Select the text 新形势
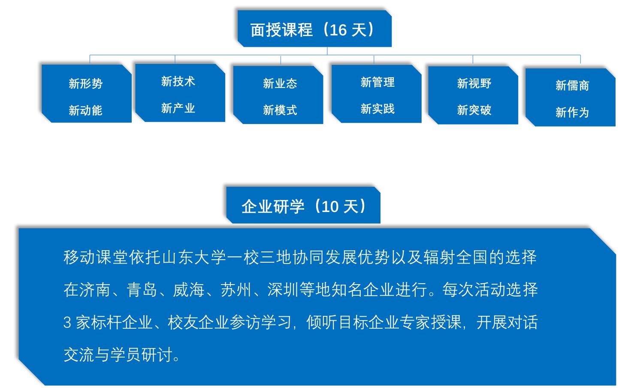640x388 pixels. pyautogui.click(x=85, y=84)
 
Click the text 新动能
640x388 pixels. pyautogui.click(x=85, y=110)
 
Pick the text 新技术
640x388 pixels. pyautogui.click(x=178, y=82)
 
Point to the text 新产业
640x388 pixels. pyautogui.click(x=178, y=108)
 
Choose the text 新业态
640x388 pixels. pyautogui.click(x=280, y=84)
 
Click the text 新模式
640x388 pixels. pyautogui.click(x=280, y=110)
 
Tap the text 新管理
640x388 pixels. pyautogui.click(x=377, y=82)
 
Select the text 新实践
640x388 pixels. pyautogui.click(x=377, y=109)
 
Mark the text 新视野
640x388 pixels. pyautogui.click(x=474, y=84)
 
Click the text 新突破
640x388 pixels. pyautogui.click(x=474, y=110)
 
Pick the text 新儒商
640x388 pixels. pyautogui.click(x=572, y=85)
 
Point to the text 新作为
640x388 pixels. pyautogui.click(x=572, y=112)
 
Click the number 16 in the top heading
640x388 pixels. pyautogui.click(x=338, y=30)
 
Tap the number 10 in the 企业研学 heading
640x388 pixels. pyautogui.click(x=330, y=207)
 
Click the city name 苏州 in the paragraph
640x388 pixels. pyautogui.click(x=235, y=290)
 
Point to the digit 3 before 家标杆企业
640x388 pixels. pyautogui.click(x=67, y=322)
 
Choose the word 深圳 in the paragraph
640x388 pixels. pyautogui.click(x=283, y=290)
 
